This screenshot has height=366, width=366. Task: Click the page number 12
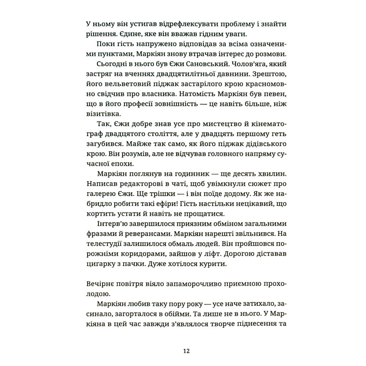point(186,350)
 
